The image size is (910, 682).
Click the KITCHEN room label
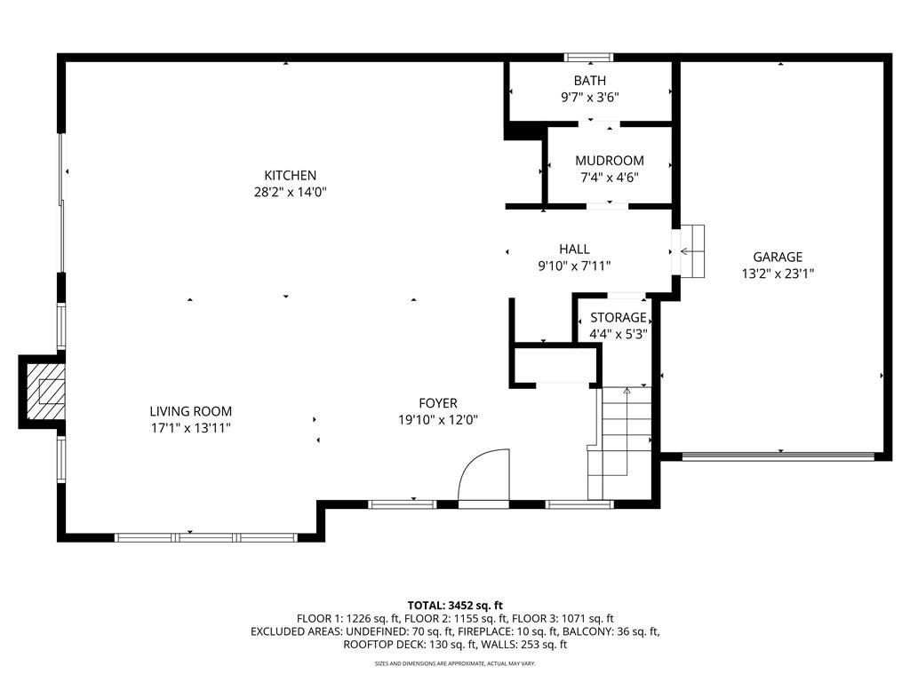point(290,176)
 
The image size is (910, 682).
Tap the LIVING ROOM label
point(190,411)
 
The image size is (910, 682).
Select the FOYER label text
point(438,404)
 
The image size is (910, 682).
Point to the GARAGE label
point(778,258)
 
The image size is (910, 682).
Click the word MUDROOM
point(609,161)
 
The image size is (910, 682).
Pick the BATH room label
point(589,81)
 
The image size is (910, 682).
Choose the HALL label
point(574,250)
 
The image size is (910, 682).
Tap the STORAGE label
point(619,317)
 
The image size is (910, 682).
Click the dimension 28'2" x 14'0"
point(290,192)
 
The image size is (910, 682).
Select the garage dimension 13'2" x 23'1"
point(778,274)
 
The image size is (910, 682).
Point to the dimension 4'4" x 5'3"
point(619,334)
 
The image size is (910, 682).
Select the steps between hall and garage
point(692,252)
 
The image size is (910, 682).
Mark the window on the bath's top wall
point(589,58)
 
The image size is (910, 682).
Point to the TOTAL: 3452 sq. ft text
point(455,604)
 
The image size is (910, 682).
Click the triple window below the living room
point(206,537)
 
